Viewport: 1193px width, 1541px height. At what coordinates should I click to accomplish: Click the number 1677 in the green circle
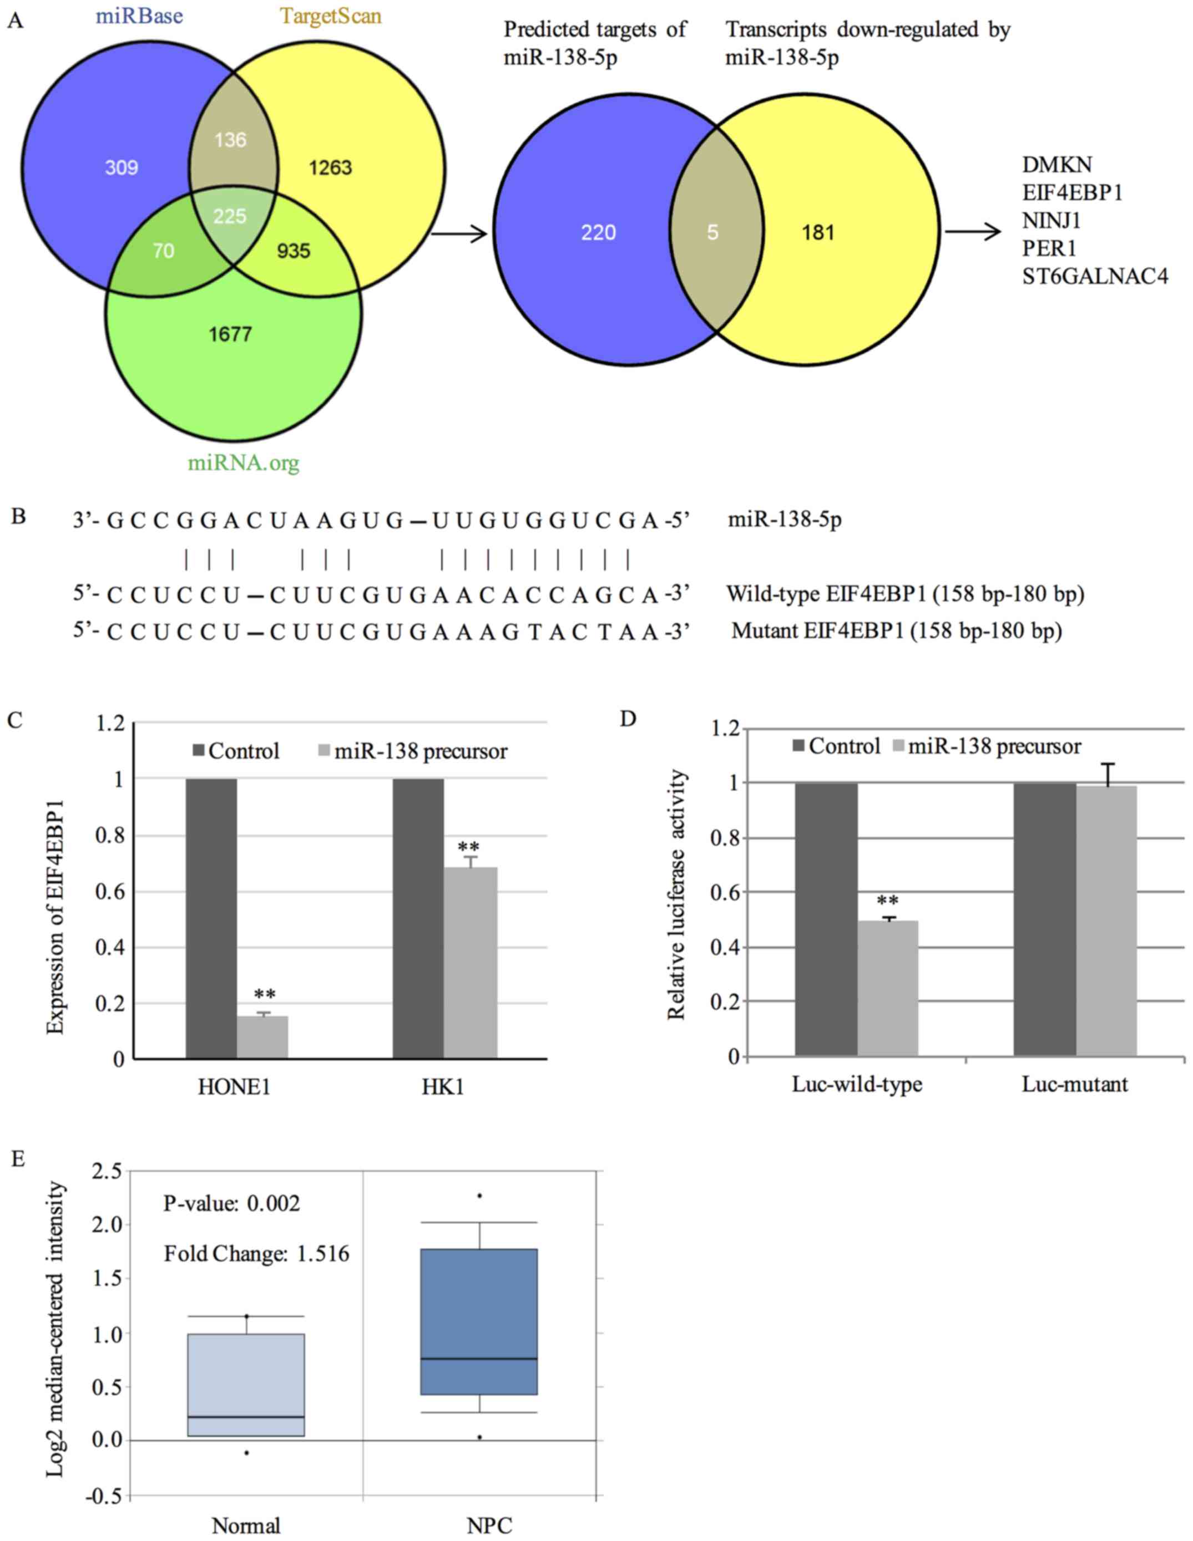[230, 334]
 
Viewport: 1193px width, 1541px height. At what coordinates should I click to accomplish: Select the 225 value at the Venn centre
[230, 215]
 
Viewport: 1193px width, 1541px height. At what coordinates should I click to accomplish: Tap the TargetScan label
[330, 16]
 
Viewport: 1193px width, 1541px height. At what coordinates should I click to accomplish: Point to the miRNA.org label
[244, 463]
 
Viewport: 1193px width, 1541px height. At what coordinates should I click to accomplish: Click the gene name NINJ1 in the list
[1051, 221]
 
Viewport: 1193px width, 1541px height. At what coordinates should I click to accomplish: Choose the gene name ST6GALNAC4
[1095, 276]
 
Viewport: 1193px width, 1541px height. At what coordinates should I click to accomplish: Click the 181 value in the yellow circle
[818, 232]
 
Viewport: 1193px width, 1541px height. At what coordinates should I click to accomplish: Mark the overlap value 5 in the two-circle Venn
[713, 232]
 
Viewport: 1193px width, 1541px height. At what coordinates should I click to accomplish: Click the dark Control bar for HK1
[418, 918]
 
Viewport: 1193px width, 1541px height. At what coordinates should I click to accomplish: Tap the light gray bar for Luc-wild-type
[887, 988]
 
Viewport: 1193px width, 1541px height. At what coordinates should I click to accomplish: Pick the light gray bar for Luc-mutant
[1106, 921]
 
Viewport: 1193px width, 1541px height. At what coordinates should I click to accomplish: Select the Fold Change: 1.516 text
[256, 1253]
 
